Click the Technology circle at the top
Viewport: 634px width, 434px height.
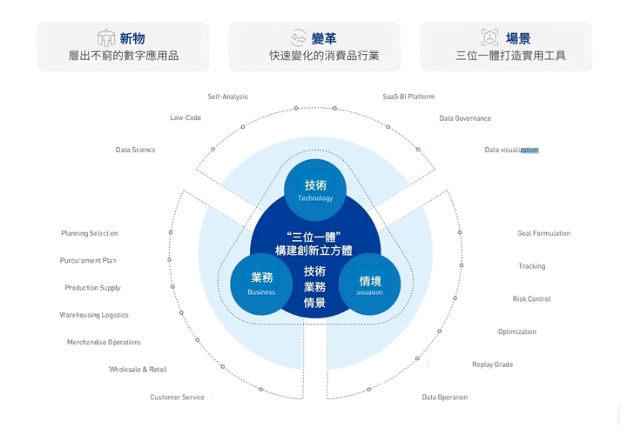click(315, 190)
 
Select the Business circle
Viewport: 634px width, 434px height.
click(261, 284)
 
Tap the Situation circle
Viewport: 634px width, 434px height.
click(369, 284)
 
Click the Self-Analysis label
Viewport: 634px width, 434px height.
click(227, 97)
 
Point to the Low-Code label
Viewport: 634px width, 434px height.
click(185, 117)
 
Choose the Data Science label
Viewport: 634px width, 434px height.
click(135, 150)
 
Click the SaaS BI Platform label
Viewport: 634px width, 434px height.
click(408, 97)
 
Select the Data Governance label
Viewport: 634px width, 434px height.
click(465, 118)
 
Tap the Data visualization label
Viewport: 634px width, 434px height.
click(511, 150)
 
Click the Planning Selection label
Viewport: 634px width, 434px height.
click(89, 233)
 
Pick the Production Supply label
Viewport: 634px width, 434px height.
click(92, 288)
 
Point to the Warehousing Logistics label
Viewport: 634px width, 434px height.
click(94, 315)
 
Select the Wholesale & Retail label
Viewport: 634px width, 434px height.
click(138, 370)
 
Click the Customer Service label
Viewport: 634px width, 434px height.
click(177, 397)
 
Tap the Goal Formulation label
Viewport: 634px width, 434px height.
click(543, 233)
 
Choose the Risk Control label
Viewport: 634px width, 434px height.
click(531, 299)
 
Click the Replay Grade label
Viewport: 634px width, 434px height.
click(492, 364)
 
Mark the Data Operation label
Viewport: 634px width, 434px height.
click(444, 397)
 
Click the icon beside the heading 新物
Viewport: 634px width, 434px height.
click(106, 38)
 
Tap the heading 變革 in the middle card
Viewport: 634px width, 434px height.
click(324, 38)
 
